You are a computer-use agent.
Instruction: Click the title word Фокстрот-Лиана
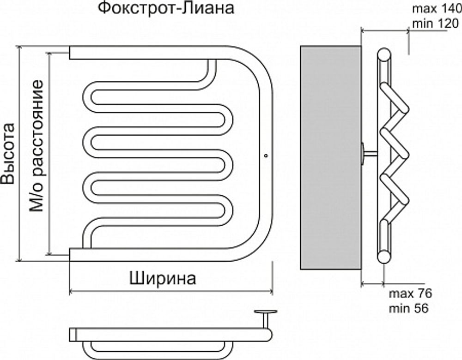pyautogui.click(x=165, y=9)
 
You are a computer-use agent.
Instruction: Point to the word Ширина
pyautogui.click(x=163, y=279)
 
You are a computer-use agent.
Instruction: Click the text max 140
pyautogui.click(x=435, y=9)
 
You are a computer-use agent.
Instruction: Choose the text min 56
pyautogui.click(x=409, y=308)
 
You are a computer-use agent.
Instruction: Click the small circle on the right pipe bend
pyautogui.click(x=266, y=156)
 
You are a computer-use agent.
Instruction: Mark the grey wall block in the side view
pyautogui.click(x=330, y=157)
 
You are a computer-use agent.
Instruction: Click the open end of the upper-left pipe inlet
pyautogui.click(x=71, y=52)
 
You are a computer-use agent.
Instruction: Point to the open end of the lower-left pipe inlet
pyautogui.click(x=71, y=254)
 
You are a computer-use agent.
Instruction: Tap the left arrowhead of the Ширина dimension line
pyautogui.click(x=71, y=291)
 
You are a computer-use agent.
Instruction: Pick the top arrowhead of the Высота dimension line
pyautogui.click(x=20, y=48)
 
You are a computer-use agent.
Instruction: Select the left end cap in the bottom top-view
pyautogui.click(x=72, y=335)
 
